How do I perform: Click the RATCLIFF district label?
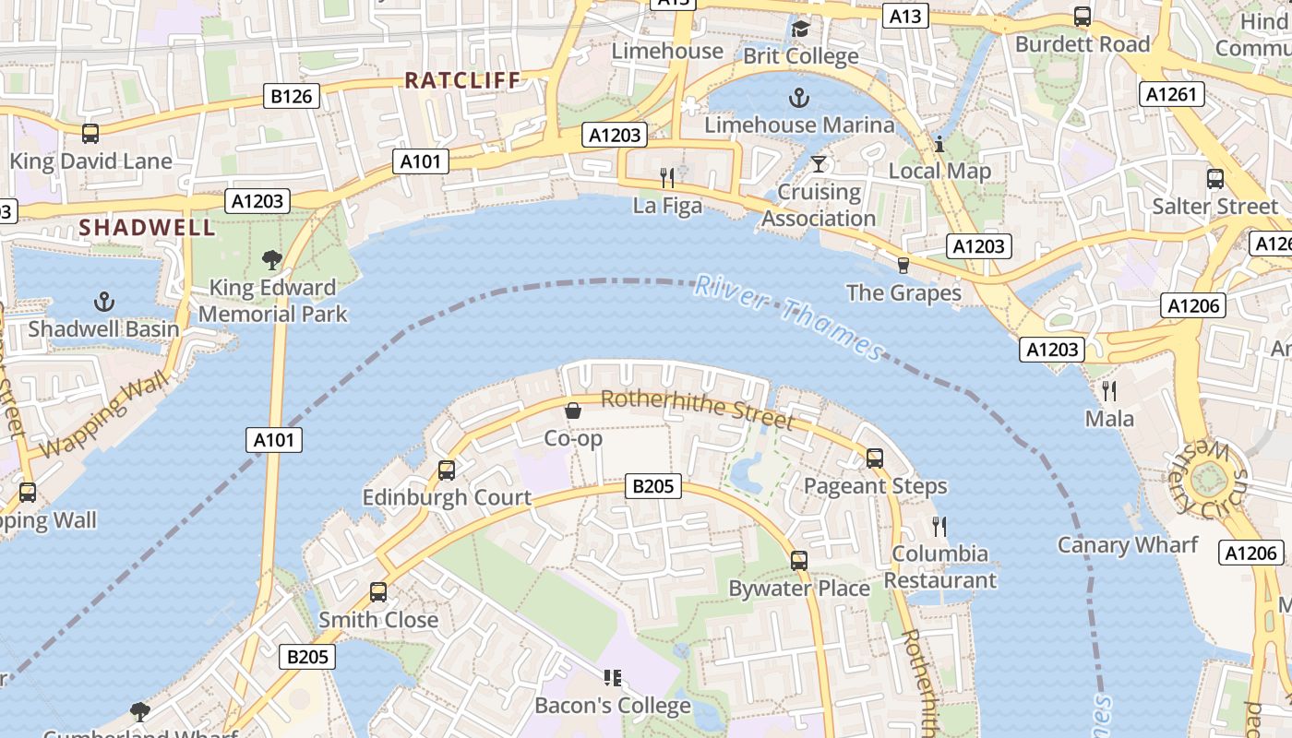(x=463, y=80)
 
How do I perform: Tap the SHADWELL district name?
(x=147, y=227)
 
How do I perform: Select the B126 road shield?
(x=293, y=96)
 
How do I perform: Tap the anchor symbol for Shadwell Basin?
(x=104, y=302)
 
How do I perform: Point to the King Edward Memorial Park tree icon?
(x=271, y=260)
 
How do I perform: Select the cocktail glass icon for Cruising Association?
(x=818, y=165)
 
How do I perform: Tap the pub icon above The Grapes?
(x=903, y=266)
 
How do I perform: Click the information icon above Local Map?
(x=939, y=144)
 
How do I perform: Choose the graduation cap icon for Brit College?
(x=800, y=30)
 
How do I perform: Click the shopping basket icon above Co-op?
(x=573, y=411)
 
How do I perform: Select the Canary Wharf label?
(x=1127, y=544)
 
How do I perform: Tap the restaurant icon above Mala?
(x=1109, y=391)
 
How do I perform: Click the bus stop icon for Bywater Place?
(x=799, y=560)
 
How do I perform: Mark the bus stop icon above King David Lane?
(x=90, y=134)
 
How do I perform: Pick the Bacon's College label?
(x=613, y=706)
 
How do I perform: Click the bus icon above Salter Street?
(x=1215, y=179)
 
